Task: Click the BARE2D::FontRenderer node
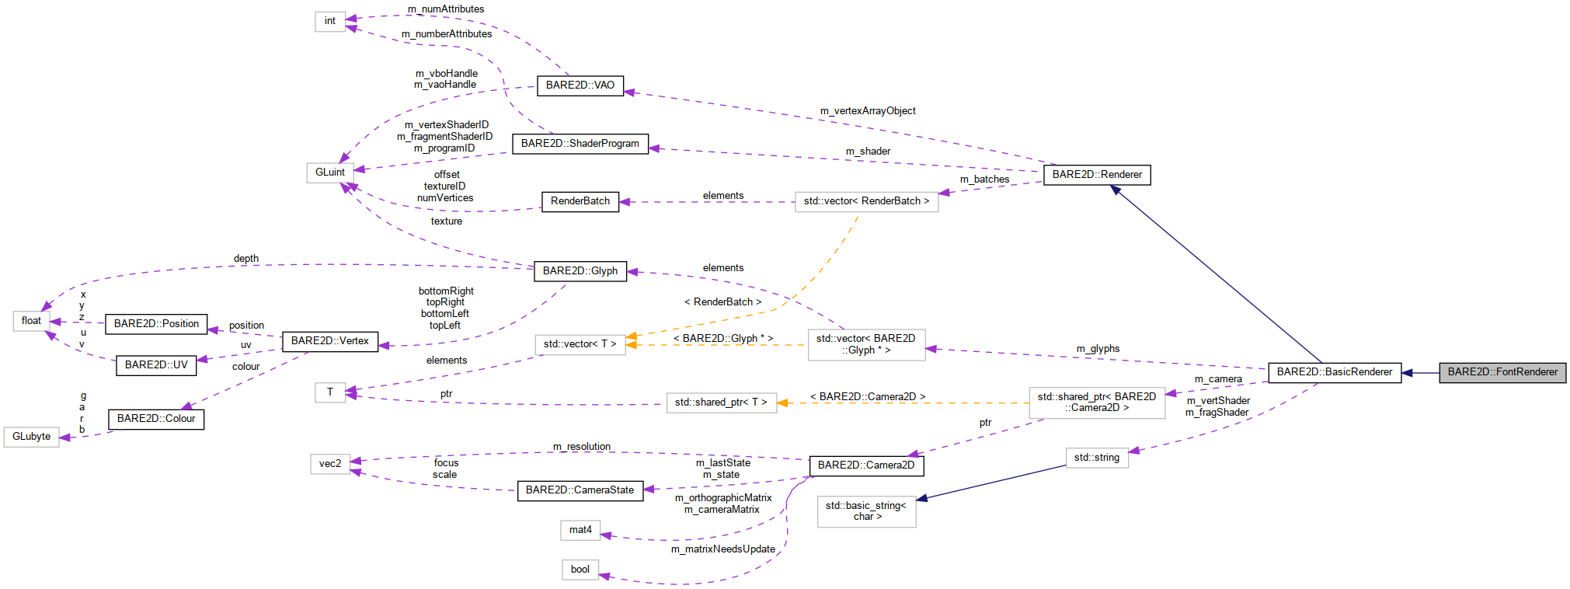coord(1502,372)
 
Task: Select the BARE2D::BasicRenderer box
coord(1334,372)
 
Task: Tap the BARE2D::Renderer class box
coord(1096,175)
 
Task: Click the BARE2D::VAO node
coord(580,85)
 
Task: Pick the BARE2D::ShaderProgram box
coord(580,144)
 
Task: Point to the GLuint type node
coord(329,173)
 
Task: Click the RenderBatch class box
coord(580,201)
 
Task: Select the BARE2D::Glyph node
coord(580,271)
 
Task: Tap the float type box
coord(31,321)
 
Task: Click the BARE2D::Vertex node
coord(329,341)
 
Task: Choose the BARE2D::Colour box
coord(155,419)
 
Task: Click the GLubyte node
coord(31,437)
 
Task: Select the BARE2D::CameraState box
coord(580,490)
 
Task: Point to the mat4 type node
coord(580,530)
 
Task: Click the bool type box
coord(580,570)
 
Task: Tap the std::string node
coord(1096,458)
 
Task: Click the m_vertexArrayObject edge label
coord(868,111)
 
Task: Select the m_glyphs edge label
coord(1098,349)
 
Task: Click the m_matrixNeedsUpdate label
coord(722,549)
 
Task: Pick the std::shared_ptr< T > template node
coord(720,403)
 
